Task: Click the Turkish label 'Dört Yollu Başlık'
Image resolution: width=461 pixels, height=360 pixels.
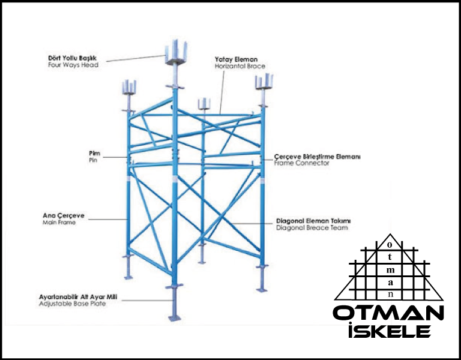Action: pos(72,58)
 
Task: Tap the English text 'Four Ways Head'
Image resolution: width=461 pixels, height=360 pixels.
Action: pos(73,65)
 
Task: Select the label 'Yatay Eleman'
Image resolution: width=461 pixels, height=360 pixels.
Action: pos(236,59)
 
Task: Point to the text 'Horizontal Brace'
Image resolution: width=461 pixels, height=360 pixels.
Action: pos(240,66)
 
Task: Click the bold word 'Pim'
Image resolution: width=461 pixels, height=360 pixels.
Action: pos(94,154)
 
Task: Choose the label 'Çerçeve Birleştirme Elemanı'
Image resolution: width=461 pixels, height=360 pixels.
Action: pos(317,157)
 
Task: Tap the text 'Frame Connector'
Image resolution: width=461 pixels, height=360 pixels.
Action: pos(302,163)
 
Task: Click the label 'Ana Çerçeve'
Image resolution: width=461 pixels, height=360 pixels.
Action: pos(64,216)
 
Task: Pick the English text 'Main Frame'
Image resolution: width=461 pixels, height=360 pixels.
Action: pos(59,223)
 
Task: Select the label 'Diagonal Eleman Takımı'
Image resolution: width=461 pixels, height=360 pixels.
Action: pos(313,221)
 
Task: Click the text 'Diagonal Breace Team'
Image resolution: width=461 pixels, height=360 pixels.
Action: pos(312,228)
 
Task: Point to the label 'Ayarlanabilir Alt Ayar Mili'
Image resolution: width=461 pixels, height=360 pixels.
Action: pos(78,297)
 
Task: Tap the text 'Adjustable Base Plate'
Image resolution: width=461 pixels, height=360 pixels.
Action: pos(72,304)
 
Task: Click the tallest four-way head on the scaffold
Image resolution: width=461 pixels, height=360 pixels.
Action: pos(176,52)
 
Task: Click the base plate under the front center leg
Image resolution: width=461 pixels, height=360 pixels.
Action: pos(175,318)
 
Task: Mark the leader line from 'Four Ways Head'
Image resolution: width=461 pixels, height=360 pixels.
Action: pos(136,58)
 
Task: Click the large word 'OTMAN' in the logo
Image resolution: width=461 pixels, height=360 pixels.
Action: pos(388,313)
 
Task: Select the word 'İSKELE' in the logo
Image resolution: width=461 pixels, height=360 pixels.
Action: pos(390,330)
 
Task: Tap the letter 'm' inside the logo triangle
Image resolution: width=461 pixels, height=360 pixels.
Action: pos(390,270)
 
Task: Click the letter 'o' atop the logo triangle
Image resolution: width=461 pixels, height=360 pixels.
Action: pos(390,245)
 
